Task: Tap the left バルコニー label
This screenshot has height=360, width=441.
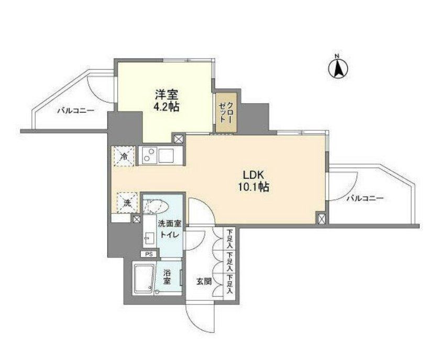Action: [75, 110]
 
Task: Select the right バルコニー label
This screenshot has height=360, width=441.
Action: [366, 198]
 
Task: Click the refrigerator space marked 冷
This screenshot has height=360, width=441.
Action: [124, 156]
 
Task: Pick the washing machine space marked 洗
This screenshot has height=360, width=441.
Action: [126, 203]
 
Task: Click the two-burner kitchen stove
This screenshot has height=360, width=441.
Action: [149, 156]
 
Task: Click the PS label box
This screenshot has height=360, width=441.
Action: [149, 254]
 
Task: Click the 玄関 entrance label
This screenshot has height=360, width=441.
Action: [204, 281]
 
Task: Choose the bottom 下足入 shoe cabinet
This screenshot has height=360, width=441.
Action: [229, 284]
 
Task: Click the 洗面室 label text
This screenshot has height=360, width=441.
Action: [171, 223]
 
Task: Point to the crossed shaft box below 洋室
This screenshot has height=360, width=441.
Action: [179, 139]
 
